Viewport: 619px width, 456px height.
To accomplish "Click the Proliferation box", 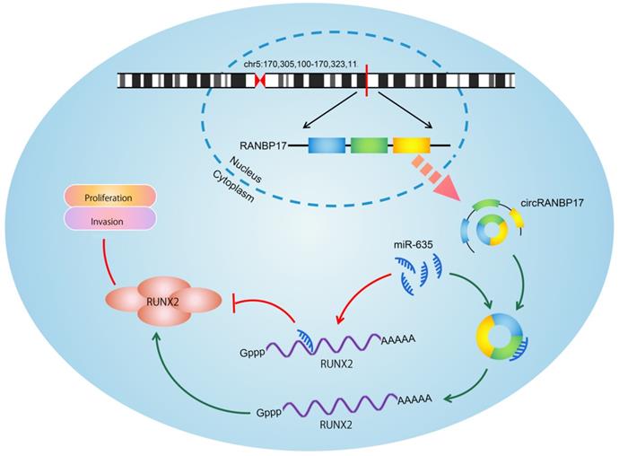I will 109,197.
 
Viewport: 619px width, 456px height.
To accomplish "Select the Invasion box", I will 109,219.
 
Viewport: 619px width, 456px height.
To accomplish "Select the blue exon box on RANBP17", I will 327,145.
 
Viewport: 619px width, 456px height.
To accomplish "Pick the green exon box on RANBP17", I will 368,145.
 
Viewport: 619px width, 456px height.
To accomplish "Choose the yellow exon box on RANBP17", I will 412,145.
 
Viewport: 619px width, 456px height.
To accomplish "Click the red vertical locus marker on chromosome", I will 367,81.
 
